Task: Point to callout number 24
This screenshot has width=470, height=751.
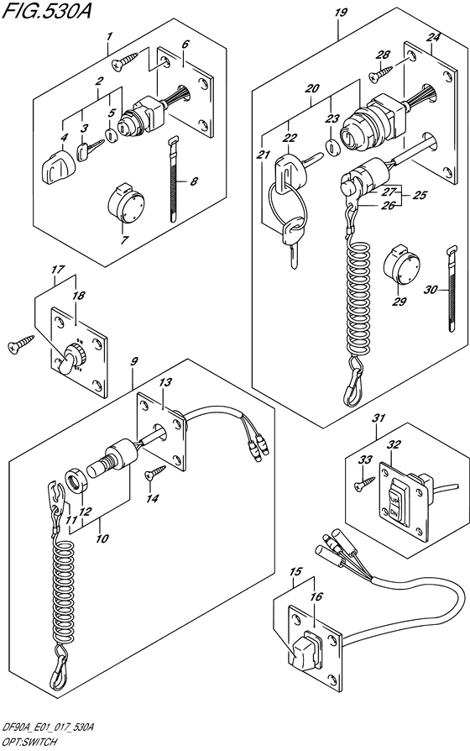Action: point(432,37)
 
